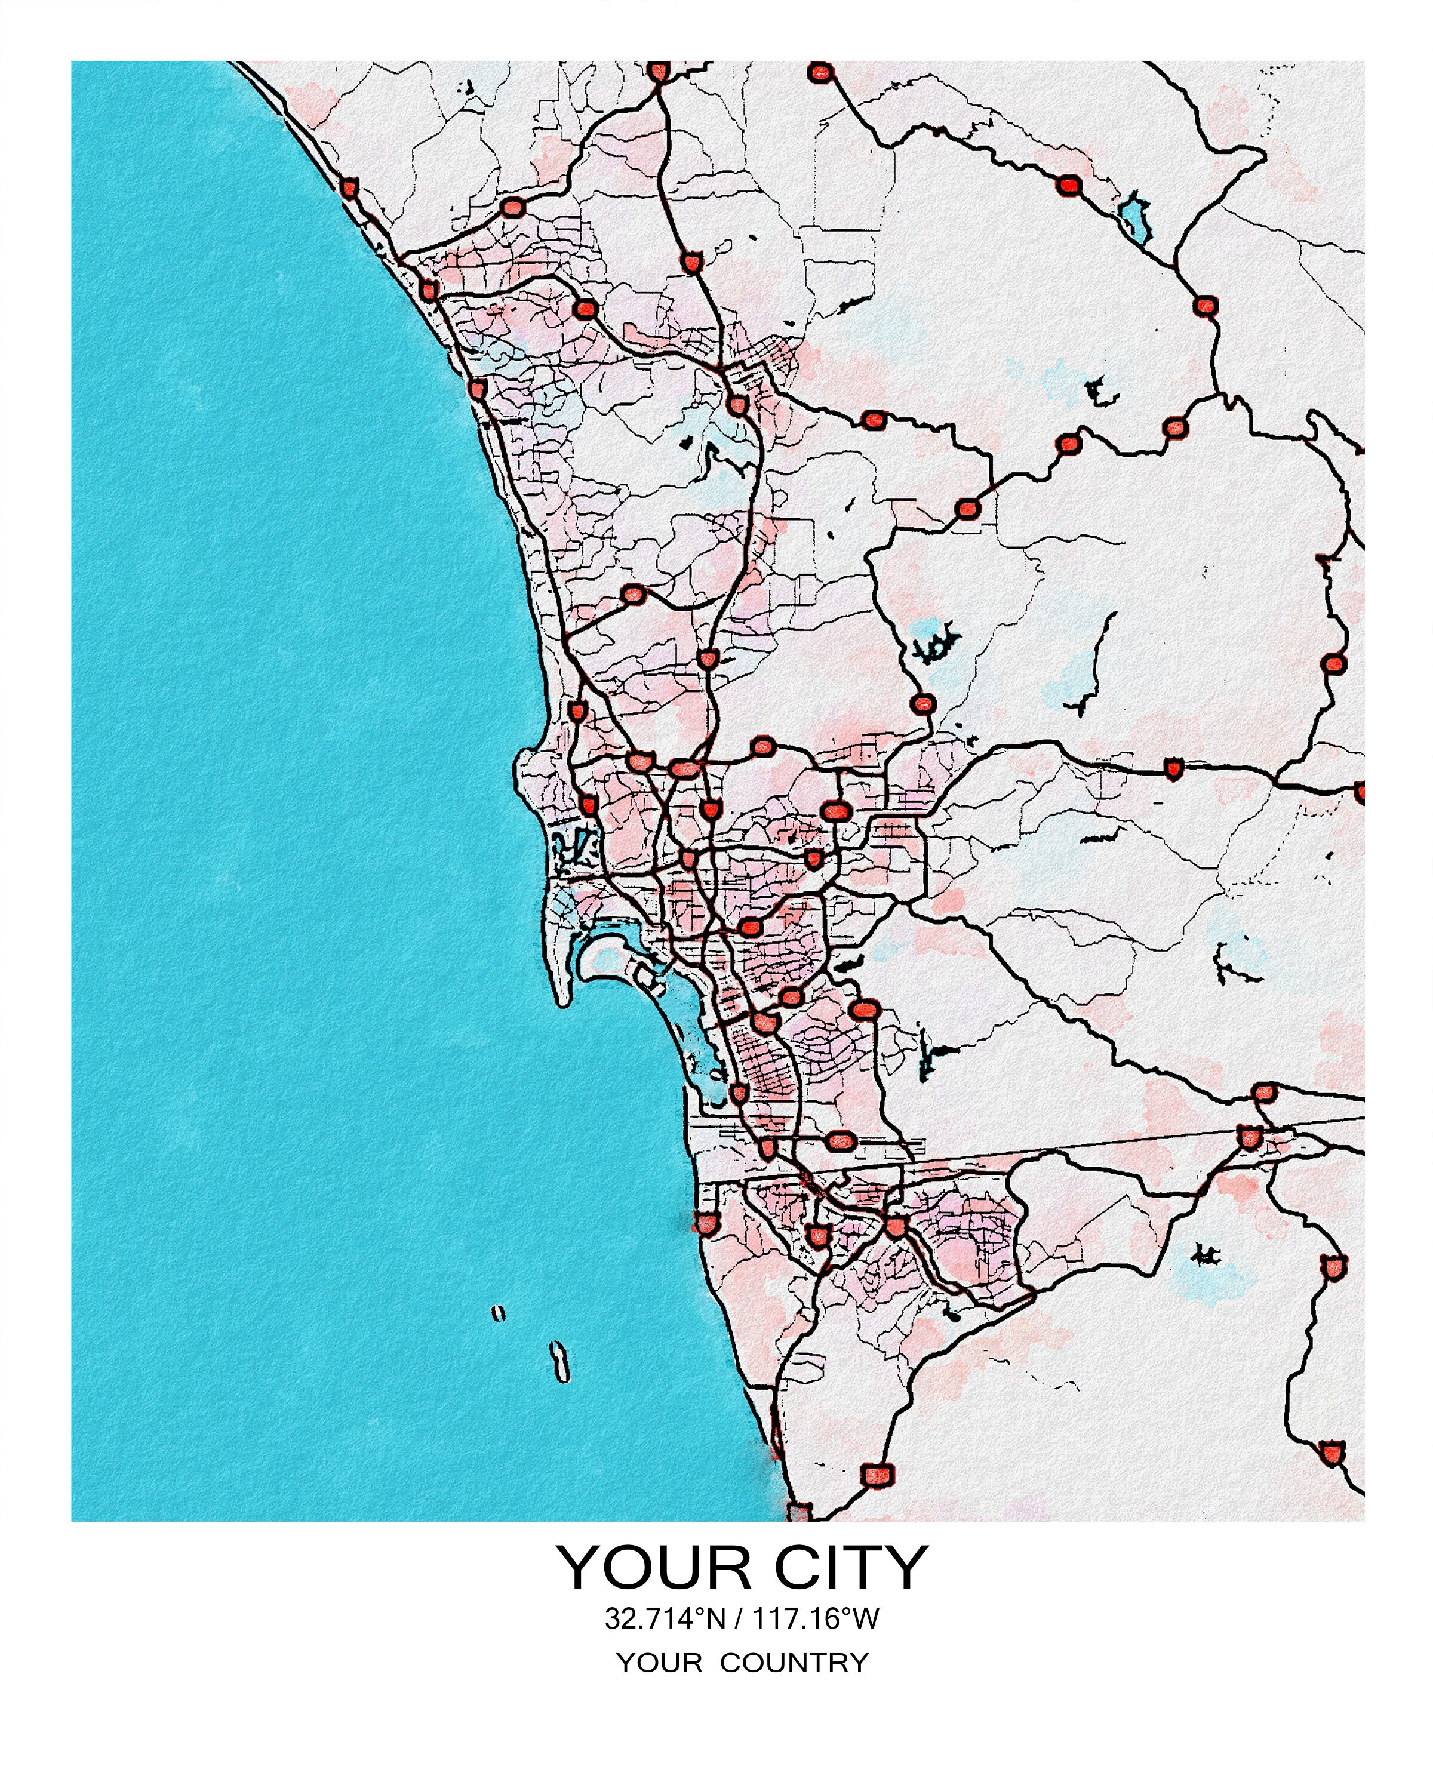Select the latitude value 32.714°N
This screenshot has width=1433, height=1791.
665,1618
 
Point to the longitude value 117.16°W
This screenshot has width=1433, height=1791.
816,1618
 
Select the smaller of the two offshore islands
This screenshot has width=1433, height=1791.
497,1313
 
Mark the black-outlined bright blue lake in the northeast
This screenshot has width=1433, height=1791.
1135,218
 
